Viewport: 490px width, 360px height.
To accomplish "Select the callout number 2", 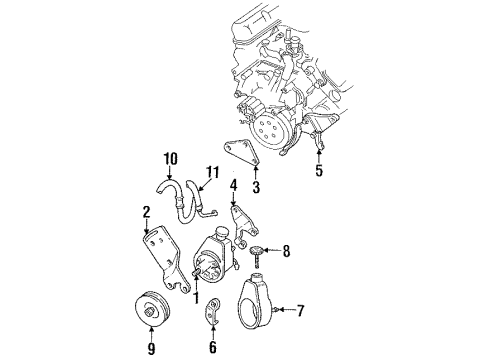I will pyautogui.click(x=145, y=211).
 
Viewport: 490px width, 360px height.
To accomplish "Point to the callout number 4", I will pyautogui.click(x=232, y=185).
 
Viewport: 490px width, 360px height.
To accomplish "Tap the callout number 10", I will pyautogui.click(x=169, y=157).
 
